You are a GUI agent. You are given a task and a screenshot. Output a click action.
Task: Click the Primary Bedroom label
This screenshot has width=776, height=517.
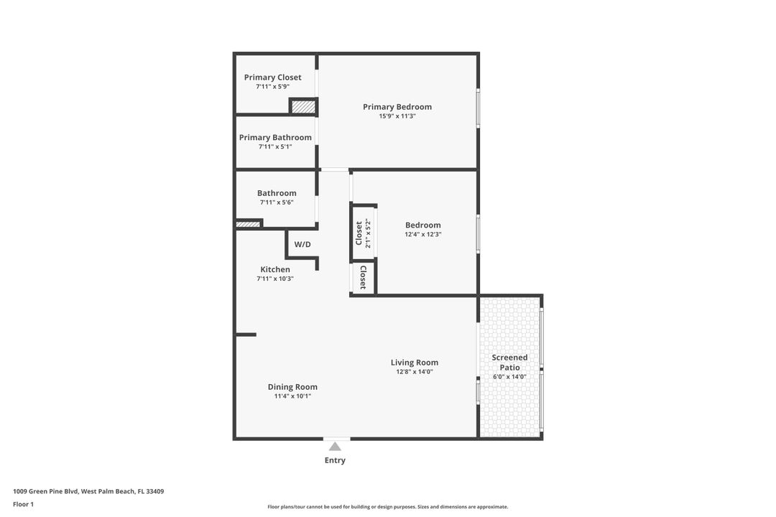click(x=397, y=107)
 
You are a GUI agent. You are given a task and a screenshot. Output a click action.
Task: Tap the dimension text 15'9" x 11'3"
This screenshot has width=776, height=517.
click(x=397, y=116)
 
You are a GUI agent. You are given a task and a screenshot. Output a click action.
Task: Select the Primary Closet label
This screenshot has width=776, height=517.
click(x=272, y=78)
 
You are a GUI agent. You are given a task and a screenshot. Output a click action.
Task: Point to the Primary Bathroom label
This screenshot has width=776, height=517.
click(x=275, y=138)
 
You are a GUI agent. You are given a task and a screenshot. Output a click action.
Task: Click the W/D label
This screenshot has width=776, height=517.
click(x=302, y=245)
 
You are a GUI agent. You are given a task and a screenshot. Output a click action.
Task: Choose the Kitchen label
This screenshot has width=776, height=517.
click(x=275, y=270)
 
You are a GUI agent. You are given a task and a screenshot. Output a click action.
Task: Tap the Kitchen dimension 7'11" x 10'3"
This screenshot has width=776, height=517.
click(x=275, y=279)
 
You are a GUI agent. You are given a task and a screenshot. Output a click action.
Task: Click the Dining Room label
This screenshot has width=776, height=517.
click(x=292, y=387)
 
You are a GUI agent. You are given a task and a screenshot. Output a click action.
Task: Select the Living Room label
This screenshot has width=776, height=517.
click(x=415, y=363)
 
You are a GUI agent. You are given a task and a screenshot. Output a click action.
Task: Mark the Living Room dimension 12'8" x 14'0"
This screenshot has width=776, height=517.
click(x=415, y=372)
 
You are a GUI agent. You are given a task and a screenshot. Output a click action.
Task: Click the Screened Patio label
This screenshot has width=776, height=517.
click(x=509, y=363)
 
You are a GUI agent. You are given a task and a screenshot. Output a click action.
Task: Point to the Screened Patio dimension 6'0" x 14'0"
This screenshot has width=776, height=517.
click(x=509, y=377)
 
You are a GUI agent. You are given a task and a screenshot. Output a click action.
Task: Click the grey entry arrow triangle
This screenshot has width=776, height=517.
click(x=335, y=447)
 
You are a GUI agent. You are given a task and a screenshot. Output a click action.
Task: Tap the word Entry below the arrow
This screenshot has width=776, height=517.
click(x=335, y=460)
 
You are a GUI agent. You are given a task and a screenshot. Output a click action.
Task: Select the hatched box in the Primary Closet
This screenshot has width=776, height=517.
click(x=303, y=107)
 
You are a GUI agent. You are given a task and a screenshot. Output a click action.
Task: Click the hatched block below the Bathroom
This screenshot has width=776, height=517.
click(x=248, y=225)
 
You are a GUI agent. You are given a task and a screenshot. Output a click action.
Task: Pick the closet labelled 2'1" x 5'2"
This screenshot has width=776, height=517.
click(x=363, y=233)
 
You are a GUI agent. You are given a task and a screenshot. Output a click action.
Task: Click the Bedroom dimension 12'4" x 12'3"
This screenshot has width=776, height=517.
click(x=422, y=234)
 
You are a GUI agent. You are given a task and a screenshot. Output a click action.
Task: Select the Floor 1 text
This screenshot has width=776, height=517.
click(x=23, y=504)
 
